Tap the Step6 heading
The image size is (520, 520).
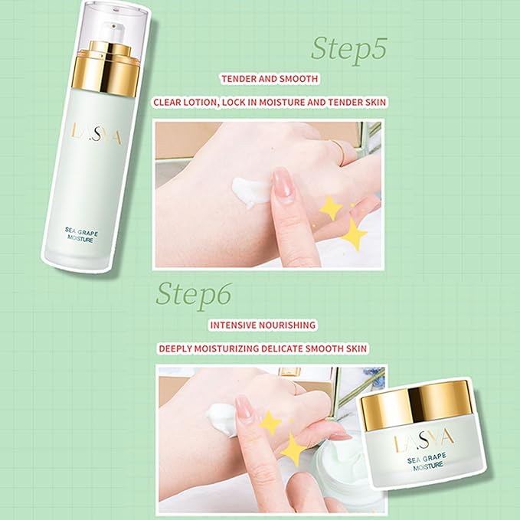[x=194, y=293]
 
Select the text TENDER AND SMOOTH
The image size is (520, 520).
[x=270, y=79]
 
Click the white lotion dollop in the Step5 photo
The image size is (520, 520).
[x=249, y=192]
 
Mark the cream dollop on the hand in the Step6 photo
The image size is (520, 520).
[x=223, y=420]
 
